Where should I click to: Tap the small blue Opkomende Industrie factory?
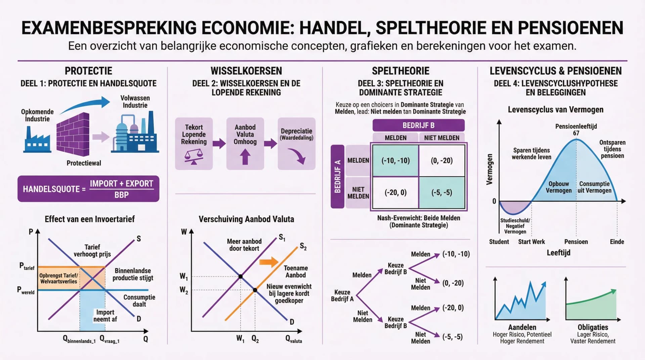tap(37, 140)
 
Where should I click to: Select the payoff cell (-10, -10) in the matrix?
tap(395, 161)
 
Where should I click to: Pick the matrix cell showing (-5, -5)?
tap(441, 192)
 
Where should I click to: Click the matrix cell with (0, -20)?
tap(441, 161)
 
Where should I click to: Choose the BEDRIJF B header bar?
tap(418, 125)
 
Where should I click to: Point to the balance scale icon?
tap(194, 157)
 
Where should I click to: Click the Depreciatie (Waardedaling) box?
tap(296, 143)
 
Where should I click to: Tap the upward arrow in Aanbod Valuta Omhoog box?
tap(245, 157)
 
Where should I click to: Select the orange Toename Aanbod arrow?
tap(269, 262)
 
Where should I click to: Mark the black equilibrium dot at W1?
tap(241, 277)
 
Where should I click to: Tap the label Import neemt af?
tap(105, 316)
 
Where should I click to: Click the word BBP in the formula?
tap(121, 195)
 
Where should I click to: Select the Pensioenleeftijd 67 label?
tap(576, 130)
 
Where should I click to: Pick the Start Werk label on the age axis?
tap(531, 242)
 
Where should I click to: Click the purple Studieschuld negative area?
tap(513, 208)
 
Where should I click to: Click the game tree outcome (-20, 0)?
tap(453, 308)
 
